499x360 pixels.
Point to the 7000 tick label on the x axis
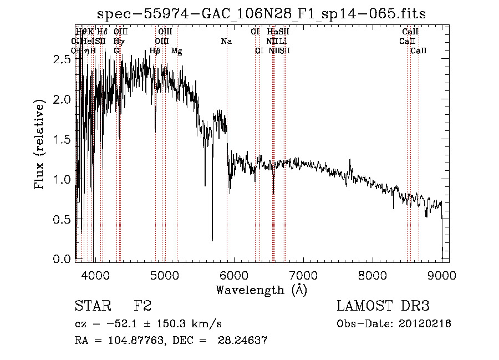click(x=303, y=276)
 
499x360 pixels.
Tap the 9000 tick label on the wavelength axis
click(x=441, y=276)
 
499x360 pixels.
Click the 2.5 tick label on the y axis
click(x=62, y=60)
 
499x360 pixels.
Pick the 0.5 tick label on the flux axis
click(x=62, y=220)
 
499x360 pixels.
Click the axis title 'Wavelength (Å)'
click(x=261, y=290)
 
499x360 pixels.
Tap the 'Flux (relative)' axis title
click(x=40, y=145)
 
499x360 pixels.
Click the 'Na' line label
click(x=226, y=41)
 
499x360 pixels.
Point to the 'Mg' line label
click(x=176, y=51)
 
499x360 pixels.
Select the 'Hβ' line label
click(x=155, y=51)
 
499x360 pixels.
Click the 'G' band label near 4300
click(x=116, y=50)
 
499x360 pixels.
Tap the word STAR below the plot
click(x=92, y=306)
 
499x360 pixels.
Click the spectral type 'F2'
click(x=142, y=306)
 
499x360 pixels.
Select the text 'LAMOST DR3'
click(x=383, y=306)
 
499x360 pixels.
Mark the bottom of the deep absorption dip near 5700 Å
click(x=212, y=240)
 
